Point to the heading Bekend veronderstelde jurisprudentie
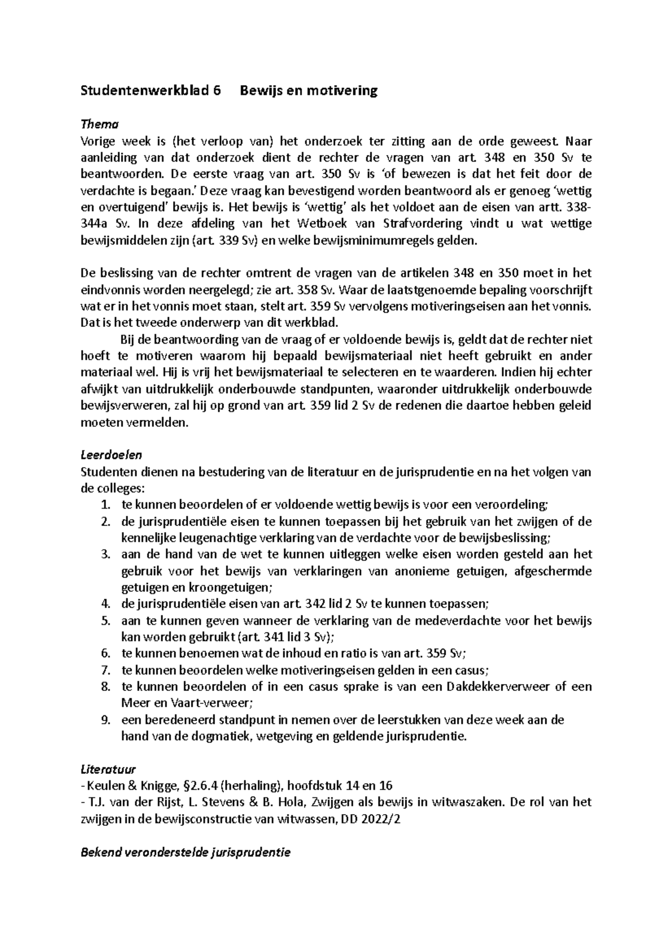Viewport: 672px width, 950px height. tap(185, 853)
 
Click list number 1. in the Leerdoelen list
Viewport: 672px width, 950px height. tap(106, 504)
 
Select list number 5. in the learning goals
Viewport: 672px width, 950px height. tap(106, 620)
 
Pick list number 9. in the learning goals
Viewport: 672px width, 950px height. tap(106, 719)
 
